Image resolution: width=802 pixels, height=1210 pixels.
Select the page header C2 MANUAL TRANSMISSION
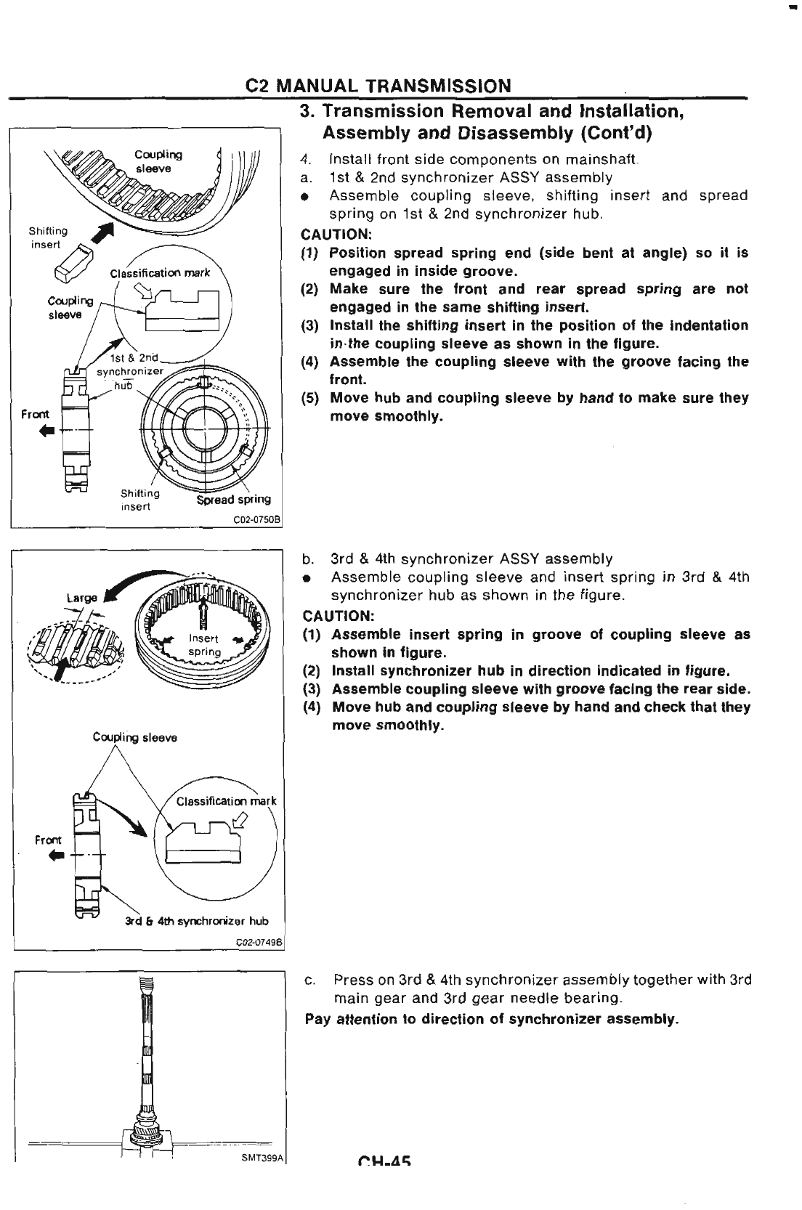point(378,85)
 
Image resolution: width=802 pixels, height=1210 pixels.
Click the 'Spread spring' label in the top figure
point(234,499)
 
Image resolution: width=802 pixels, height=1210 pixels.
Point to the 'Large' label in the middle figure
point(81,598)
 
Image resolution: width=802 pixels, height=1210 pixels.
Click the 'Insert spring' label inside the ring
point(204,646)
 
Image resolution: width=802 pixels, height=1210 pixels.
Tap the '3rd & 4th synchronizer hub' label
point(196,921)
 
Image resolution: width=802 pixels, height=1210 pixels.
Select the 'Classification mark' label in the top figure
point(159,273)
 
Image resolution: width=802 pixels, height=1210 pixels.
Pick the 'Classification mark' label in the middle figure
point(226,802)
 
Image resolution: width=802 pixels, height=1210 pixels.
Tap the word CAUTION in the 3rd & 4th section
point(338,616)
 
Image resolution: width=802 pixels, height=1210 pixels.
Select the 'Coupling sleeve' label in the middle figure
point(134,738)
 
